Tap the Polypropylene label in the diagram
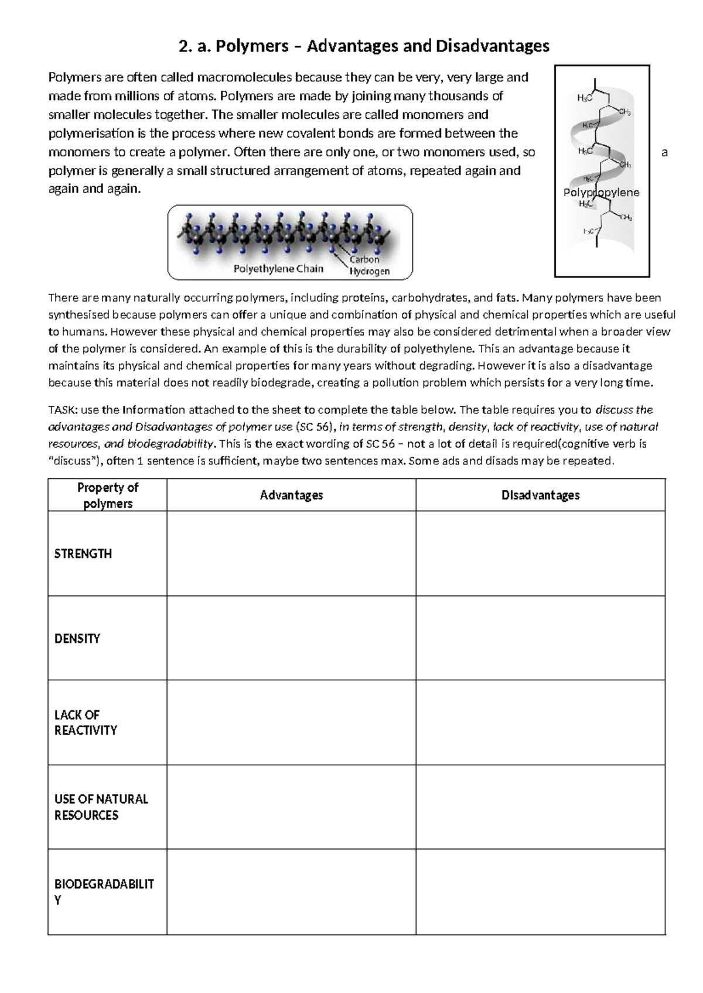coord(601,193)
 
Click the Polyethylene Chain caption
coord(278,269)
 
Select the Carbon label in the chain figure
coord(364,259)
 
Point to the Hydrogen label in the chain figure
coord(369,272)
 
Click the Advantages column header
coord(291,495)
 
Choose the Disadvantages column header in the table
coord(540,495)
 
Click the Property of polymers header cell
coord(108,495)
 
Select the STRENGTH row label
coord(83,554)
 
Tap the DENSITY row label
coord(77,638)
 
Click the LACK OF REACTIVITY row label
coord(86,723)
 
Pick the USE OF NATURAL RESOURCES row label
coord(101,807)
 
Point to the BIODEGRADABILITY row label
coord(104,892)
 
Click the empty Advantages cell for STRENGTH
coord(291,554)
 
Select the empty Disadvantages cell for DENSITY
coord(540,638)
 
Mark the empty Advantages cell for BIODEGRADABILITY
coord(291,892)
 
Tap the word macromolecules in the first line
coord(244,77)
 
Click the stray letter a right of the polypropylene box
coord(664,153)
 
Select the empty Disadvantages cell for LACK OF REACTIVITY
coord(540,723)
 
